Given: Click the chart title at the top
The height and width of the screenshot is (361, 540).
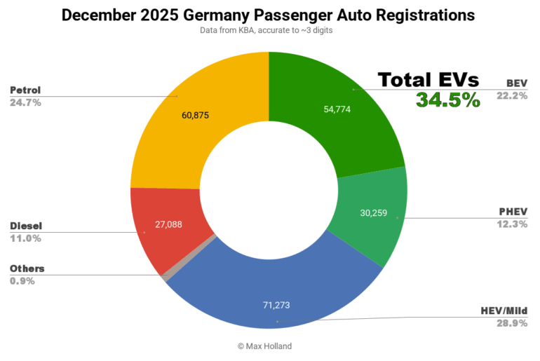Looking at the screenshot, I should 268,15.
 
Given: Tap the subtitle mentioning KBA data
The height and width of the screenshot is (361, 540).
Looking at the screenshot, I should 268,32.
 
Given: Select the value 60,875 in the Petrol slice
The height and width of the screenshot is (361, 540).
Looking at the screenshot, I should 196,115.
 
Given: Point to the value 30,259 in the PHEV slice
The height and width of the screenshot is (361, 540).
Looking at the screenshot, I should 375,213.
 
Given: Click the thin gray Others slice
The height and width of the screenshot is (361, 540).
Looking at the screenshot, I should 166,276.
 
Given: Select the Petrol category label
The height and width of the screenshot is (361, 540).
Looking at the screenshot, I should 26,90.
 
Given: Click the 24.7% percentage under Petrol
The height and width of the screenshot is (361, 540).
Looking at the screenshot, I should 26,102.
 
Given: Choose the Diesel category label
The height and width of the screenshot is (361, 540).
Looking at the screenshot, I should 26,226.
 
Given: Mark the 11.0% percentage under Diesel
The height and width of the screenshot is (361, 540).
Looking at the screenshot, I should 26,238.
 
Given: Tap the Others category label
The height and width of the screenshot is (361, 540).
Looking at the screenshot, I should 27,268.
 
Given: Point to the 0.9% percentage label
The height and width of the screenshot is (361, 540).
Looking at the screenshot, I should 23,281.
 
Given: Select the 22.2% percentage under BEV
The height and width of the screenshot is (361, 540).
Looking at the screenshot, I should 512,96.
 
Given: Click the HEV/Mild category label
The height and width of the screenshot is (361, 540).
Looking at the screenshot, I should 504,311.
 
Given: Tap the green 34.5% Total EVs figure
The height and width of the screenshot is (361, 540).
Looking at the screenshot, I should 448,100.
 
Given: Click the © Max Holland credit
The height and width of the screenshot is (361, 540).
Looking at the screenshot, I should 269,346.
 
